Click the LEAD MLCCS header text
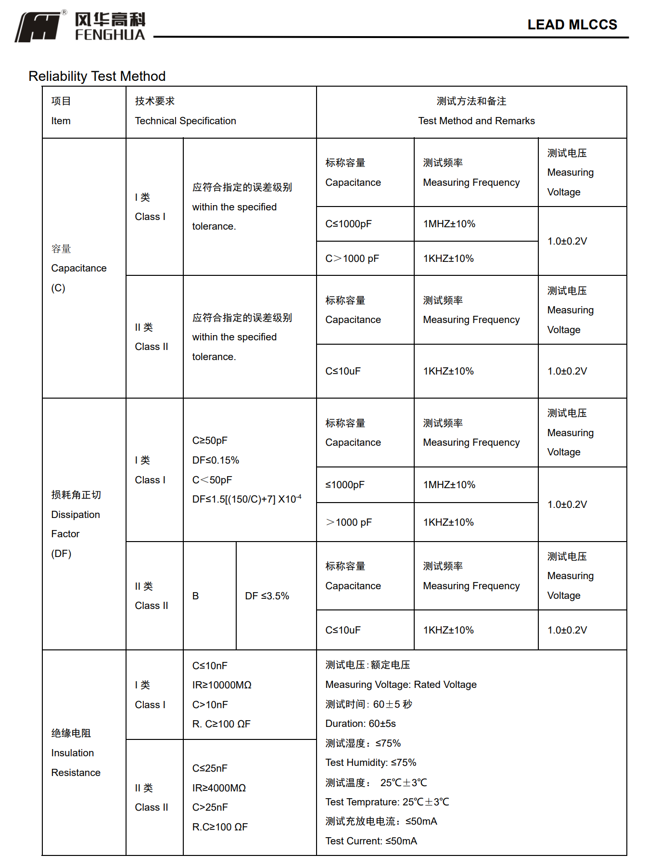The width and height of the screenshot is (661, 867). (572, 25)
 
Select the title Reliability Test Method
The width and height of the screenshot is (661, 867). (97, 76)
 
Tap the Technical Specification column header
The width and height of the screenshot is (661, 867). (185, 121)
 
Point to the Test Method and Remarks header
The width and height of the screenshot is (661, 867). (476, 121)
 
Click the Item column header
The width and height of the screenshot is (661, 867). (61, 121)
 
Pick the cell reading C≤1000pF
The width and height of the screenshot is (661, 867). (348, 224)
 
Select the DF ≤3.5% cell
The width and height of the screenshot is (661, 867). (267, 596)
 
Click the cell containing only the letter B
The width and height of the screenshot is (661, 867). (195, 596)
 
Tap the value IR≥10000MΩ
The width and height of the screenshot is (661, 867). (222, 685)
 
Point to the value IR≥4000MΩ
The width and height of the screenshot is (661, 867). (219, 788)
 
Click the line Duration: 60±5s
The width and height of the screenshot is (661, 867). (360, 724)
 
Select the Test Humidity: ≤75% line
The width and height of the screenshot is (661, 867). (370, 763)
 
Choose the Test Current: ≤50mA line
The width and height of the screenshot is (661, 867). (371, 841)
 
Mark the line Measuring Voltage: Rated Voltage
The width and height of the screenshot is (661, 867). (401, 685)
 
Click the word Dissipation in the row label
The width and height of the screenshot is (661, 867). (76, 515)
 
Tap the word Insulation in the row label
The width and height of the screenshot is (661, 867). (72, 753)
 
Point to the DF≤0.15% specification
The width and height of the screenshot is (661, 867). (216, 460)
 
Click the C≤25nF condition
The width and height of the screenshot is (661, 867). (210, 768)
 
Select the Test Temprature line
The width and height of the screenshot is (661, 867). (387, 802)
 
